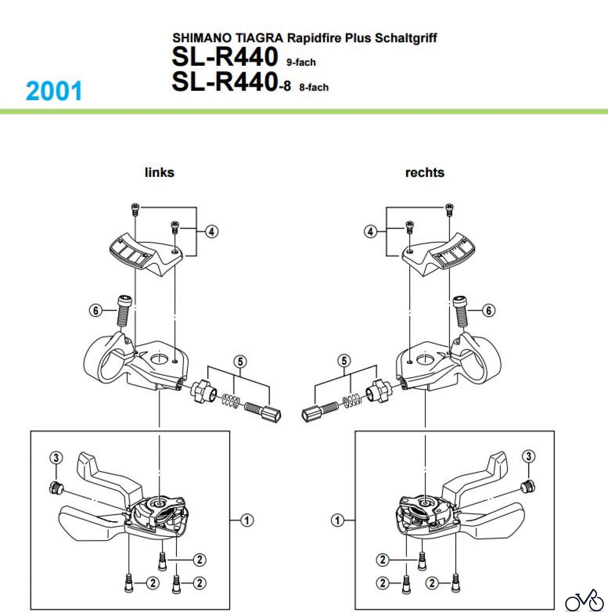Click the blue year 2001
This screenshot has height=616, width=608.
tap(54, 91)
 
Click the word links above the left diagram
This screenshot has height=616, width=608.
tap(159, 172)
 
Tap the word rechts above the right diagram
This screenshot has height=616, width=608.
tap(425, 172)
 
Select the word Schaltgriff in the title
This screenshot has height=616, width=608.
tap(406, 38)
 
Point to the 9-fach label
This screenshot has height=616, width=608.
tap(301, 62)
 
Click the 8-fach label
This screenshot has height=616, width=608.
tap(314, 88)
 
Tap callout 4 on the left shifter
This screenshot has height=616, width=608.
tap(212, 232)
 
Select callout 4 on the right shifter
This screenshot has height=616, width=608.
tap(370, 232)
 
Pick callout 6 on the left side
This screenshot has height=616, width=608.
tap(95, 311)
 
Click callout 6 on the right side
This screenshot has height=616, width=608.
tap(489, 311)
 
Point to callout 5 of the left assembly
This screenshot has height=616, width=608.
tap(240, 362)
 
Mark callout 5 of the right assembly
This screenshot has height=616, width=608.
tap(344, 361)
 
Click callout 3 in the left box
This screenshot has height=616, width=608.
tap(56, 458)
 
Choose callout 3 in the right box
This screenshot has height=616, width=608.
tap(529, 456)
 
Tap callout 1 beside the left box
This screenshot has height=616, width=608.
tap(247, 521)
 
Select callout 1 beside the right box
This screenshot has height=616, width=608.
tap(337, 521)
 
